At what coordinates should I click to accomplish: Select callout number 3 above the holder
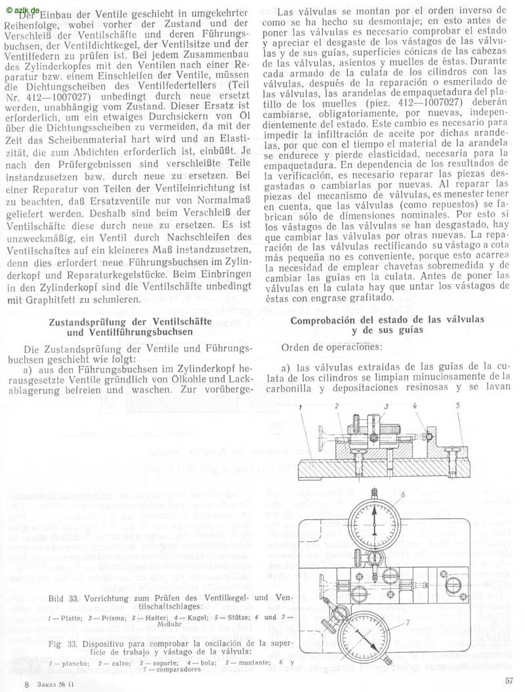[387, 407]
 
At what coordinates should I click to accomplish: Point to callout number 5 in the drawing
[458, 406]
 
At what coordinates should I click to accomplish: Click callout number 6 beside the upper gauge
[403, 493]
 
